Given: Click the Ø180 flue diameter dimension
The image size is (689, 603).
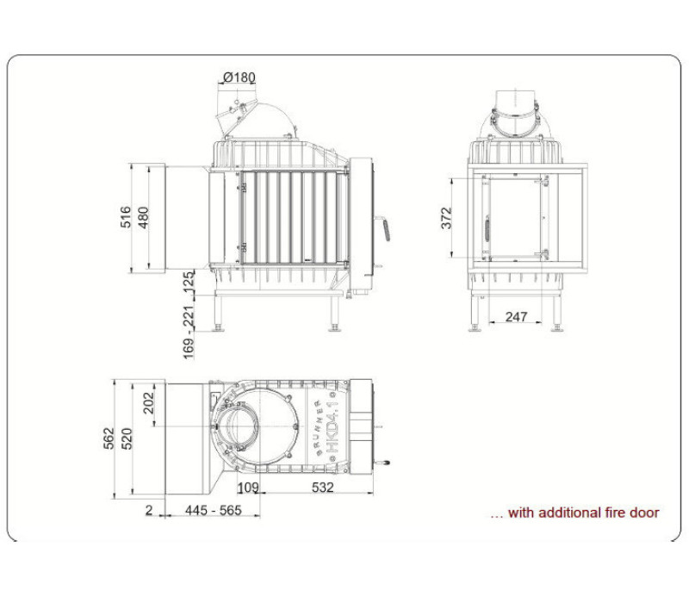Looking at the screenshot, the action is click(x=239, y=78).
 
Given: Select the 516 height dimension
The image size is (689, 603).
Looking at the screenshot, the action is click(x=126, y=217).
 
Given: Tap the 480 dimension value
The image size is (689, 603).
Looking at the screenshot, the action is click(x=144, y=218).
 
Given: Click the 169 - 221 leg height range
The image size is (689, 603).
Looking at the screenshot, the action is click(x=188, y=332).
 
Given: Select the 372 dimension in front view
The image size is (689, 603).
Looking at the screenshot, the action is click(x=446, y=218).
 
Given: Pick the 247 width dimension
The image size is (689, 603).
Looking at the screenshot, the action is click(x=516, y=316).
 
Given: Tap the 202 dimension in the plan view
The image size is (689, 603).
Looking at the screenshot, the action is click(x=149, y=402).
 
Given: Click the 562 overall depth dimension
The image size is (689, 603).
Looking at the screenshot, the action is click(x=109, y=438).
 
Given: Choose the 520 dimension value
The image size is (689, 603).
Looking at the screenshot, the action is click(x=127, y=438).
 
